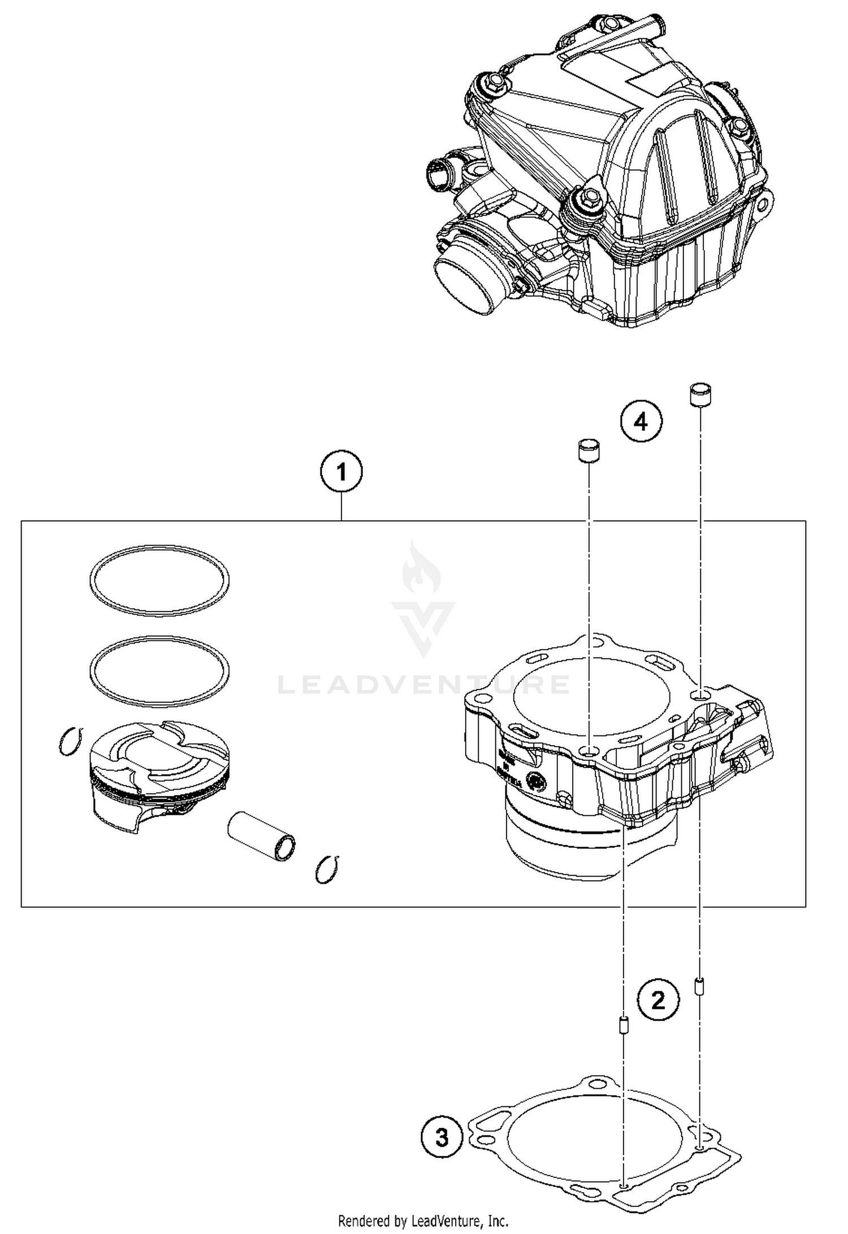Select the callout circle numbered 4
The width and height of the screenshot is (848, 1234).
pyautogui.click(x=641, y=421)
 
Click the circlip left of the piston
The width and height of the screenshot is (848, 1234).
pyautogui.click(x=71, y=741)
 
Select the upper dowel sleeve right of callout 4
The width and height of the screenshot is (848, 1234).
pyautogui.click(x=700, y=394)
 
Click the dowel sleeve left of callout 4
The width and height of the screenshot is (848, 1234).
pyautogui.click(x=588, y=451)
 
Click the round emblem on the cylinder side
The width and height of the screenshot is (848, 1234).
pyautogui.click(x=535, y=781)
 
